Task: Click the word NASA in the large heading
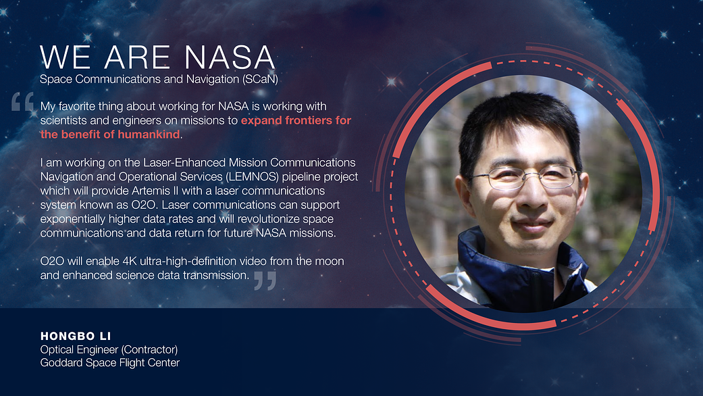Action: (x=230, y=57)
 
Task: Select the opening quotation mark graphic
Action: (x=23, y=101)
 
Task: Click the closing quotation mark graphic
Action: (x=265, y=280)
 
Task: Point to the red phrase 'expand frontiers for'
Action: (x=296, y=120)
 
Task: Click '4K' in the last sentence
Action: (x=130, y=261)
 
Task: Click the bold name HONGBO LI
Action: (x=76, y=336)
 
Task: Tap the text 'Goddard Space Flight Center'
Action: (x=110, y=363)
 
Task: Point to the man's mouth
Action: (x=532, y=223)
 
